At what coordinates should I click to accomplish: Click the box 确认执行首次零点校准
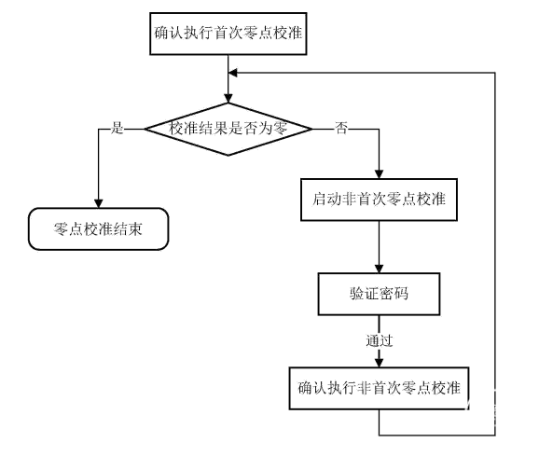pyautogui.click(x=228, y=34)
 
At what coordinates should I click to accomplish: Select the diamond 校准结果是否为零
pyautogui.click(x=228, y=130)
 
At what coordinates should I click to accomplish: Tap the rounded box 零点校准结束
pyautogui.click(x=98, y=228)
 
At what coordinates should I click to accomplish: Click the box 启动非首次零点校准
pyautogui.click(x=379, y=200)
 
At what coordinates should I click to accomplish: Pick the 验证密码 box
pyautogui.click(x=379, y=294)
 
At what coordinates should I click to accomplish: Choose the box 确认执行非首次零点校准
pyautogui.click(x=379, y=388)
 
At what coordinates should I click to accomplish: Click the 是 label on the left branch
pyautogui.click(x=117, y=128)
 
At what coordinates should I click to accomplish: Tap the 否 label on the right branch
pyautogui.click(x=341, y=128)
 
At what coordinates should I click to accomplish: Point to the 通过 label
pyautogui.click(x=379, y=341)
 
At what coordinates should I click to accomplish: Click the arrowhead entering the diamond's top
pyautogui.click(x=228, y=98)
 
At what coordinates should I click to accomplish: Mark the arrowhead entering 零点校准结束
pyautogui.click(x=98, y=203)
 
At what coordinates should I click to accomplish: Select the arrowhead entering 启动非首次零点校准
pyautogui.click(x=379, y=174)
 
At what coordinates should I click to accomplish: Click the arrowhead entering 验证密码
pyautogui.click(x=379, y=269)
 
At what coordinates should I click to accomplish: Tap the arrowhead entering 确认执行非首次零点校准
pyautogui.click(x=379, y=363)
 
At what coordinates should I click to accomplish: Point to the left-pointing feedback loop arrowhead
pyautogui.click(x=233, y=73)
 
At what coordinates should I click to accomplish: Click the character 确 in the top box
pyautogui.click(x=161, y=34)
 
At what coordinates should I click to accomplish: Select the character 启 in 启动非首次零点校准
pyautogui.click(x=319, y=200)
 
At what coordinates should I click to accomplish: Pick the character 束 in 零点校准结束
pyautogui.click(x=135, y=228)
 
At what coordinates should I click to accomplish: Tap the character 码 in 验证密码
pyautogui.click(x=401, y=294)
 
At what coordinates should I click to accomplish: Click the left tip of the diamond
pyautogui.click(x=145, y=130)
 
